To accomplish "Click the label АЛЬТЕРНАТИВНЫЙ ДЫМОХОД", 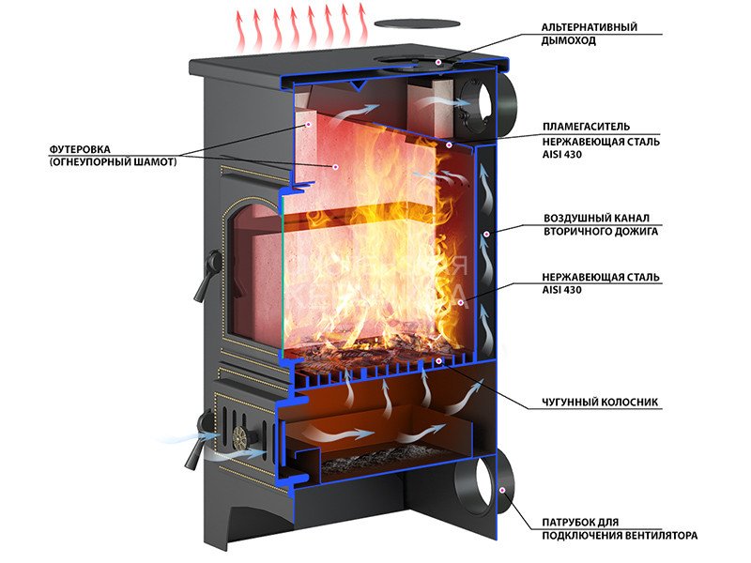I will [590, 34].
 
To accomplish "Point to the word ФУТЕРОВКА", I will [83, 149].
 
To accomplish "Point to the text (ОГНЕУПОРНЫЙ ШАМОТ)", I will [112, 163].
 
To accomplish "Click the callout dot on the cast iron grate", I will [438, 360].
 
